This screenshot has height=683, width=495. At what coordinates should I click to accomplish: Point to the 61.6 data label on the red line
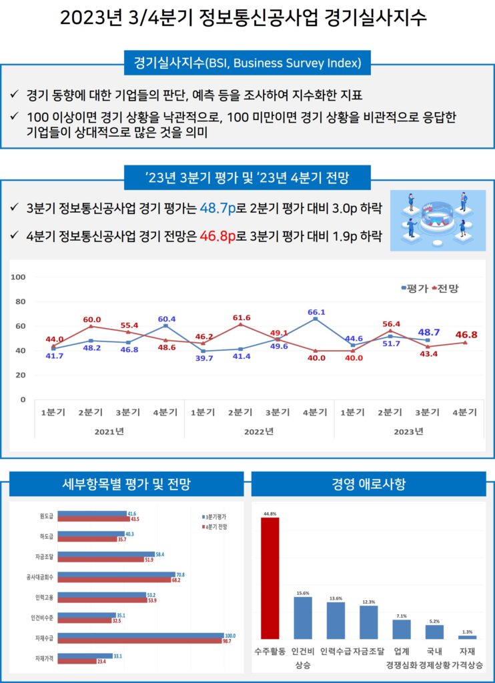(x=241, y=318)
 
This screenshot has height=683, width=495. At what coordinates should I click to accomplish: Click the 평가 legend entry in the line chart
(x=415, y=288)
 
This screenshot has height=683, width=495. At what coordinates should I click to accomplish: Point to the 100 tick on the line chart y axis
(x=18, y=277)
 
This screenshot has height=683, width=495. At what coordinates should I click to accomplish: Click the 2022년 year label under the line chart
(x=259, y=431)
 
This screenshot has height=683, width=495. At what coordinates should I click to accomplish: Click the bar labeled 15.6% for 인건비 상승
(x=303, y=618)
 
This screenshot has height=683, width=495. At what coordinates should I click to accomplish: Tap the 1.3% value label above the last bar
(x=467, y=632)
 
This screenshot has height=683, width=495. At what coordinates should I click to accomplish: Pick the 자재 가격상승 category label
(x=467, y=658)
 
